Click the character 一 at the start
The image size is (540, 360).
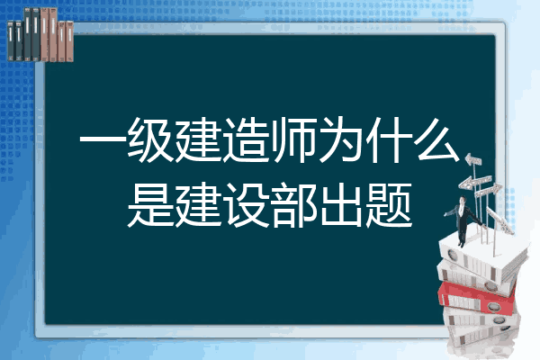(103, 140)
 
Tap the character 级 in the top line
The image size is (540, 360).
(150, 139)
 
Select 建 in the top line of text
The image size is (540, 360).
(198, 139)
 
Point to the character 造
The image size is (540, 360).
(247, 139)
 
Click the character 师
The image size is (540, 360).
(293, 139)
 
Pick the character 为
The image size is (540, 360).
(342, 139)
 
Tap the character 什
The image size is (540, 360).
(390, 139)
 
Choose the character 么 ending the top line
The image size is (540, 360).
(438, 139)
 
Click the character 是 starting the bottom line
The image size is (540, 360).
(150, 205)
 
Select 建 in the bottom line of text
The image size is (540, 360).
(198, 205)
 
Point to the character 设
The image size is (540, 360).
(247, 205)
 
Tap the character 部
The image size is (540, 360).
(293, 205)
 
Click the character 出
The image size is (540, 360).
(342, 205)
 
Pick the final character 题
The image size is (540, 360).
(390, 205)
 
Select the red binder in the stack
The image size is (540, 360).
(476, 298)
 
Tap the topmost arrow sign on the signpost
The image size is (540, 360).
(472, 160)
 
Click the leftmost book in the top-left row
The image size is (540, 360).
(11, 41)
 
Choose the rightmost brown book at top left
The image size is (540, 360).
(69, 41)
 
